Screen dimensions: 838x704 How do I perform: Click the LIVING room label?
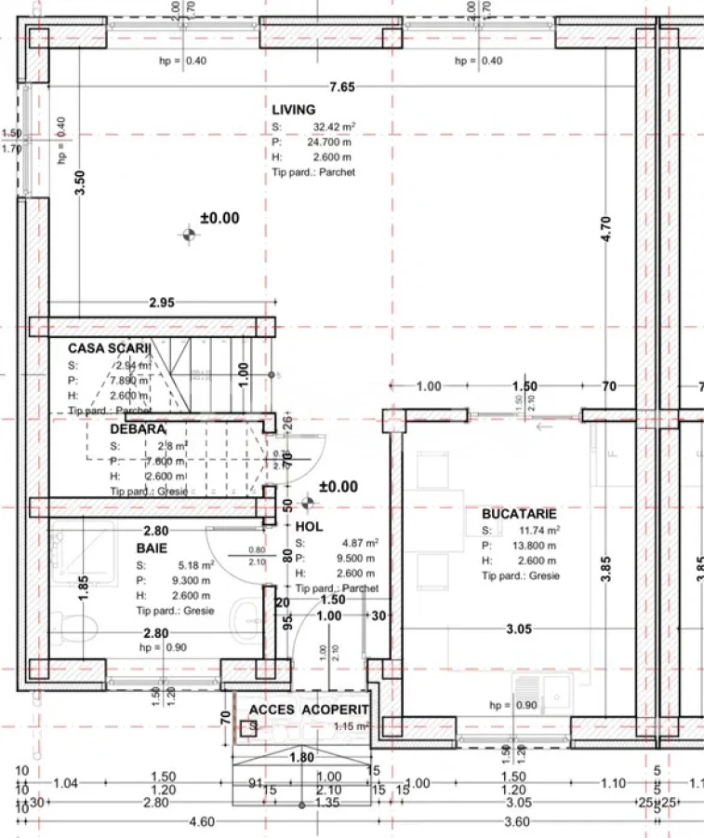[x=293, y=110]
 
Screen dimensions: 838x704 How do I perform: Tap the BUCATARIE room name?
[x=519, y=514]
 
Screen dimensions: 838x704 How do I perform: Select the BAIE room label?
[x=152, y=548]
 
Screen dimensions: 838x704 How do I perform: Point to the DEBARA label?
[x=138, y=429]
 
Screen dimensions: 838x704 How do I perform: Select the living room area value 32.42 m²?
[x=333, y=127]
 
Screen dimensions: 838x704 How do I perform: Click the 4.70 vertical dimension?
[x=606, y=229]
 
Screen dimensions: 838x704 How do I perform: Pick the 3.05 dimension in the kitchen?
[x=518, y=629]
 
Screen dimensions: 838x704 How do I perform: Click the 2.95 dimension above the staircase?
[x=162, y=303]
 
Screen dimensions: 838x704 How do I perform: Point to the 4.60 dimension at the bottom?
[x=201, y=821]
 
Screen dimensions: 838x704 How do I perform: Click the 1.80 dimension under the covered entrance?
[x=301, y=758]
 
